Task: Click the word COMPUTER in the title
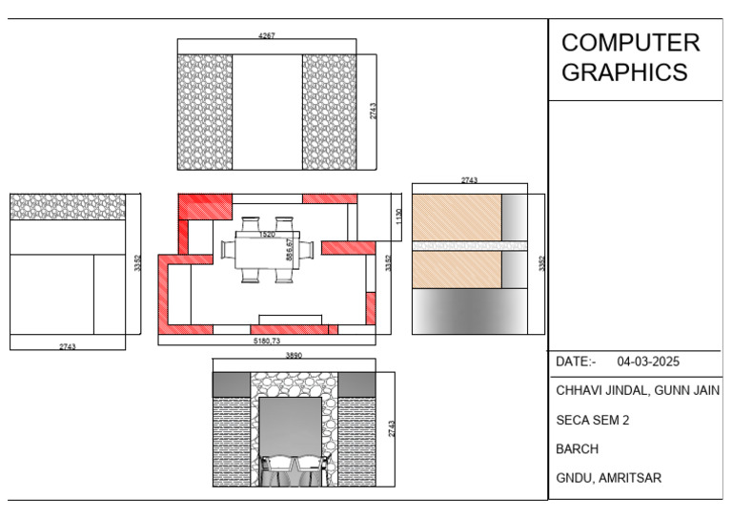(630, 43)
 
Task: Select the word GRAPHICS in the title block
(624, 73)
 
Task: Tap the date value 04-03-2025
(649, 362)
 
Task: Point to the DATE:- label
(576, 362)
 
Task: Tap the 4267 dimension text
(268, 36)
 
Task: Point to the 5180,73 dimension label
(267, 341)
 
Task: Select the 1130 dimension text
(399, 217)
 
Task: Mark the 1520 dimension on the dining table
(268, 234)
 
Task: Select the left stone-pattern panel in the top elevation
(205, 112)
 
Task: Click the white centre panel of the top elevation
(268, 112)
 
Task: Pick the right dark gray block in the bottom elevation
(356, 384)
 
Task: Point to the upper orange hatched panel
(457, 217)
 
